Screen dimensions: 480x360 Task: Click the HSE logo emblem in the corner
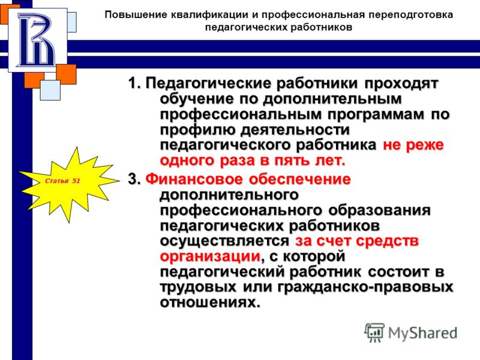coord(37,40)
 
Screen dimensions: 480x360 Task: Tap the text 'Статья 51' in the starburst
coord(62,181)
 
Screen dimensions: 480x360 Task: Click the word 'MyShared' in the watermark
coord(422,333)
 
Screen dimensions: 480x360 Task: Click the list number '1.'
coord(134,83)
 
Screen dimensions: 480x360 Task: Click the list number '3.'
coord(134,179)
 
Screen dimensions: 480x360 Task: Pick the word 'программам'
coord(376,115)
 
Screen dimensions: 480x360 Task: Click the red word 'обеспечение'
coord(300,179)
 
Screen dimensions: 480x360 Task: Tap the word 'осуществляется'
coord(224,241)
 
